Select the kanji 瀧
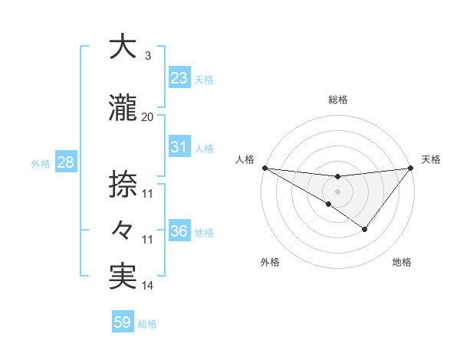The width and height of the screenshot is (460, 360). pos(123,109)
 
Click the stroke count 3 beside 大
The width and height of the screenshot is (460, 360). pos(147,56)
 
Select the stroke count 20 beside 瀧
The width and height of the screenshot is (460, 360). pos(147,117)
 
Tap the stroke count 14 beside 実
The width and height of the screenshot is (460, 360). pos(147,286)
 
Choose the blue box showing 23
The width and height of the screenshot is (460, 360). pos(179,77)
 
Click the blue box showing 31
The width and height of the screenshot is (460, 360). pos(179,147)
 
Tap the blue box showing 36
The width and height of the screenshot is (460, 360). pos(179,231)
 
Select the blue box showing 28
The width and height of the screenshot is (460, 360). pos(64,162)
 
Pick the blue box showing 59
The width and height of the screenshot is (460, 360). pos(122,322)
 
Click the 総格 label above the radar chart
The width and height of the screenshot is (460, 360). pos(337,100)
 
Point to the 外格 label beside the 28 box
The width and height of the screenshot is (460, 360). pos(41,163)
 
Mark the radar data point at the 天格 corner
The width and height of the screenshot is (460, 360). pos(410,168)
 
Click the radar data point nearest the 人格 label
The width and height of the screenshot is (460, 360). pos(264,168)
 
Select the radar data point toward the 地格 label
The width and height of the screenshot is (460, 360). pos(365,229)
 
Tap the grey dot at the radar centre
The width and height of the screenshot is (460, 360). pos(337,191)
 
